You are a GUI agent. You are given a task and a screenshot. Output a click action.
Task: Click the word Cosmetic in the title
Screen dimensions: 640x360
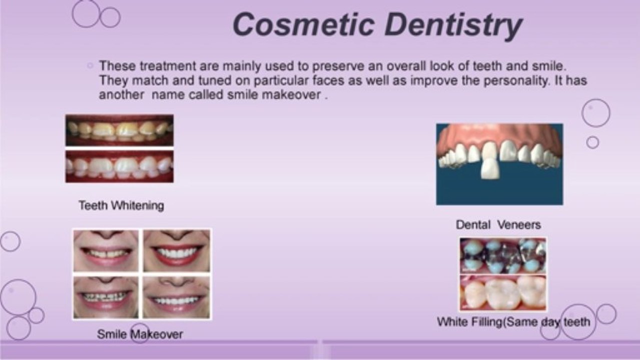tap(303, 24)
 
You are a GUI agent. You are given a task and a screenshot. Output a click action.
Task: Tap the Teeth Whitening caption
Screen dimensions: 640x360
tap(122, 205)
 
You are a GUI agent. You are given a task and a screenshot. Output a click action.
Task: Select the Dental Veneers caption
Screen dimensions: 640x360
tap(498, 225)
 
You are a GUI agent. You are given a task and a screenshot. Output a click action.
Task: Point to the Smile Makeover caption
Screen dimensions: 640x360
tap(140, 334)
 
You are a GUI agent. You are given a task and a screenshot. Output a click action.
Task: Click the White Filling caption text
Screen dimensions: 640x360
tap(514, 322)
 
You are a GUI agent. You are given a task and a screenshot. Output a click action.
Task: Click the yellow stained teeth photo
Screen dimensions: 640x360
tap(120, 130)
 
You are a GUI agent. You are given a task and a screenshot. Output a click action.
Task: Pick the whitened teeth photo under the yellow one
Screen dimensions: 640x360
tap(120, 166)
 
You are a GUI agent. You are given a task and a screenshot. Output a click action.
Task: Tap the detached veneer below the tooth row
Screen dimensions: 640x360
tap(490, 168)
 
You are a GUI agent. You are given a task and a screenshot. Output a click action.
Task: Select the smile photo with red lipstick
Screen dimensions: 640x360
tap(177, 251)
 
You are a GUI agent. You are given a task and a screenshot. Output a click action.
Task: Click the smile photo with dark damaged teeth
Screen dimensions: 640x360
tap(106, 297)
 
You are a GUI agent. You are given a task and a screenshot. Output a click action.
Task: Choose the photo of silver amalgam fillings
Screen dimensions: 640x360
tap(503, 256)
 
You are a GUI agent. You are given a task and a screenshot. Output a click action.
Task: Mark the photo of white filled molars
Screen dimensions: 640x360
tap(503, 293)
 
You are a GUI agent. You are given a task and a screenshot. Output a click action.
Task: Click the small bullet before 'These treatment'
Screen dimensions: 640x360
tap(90, 65)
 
